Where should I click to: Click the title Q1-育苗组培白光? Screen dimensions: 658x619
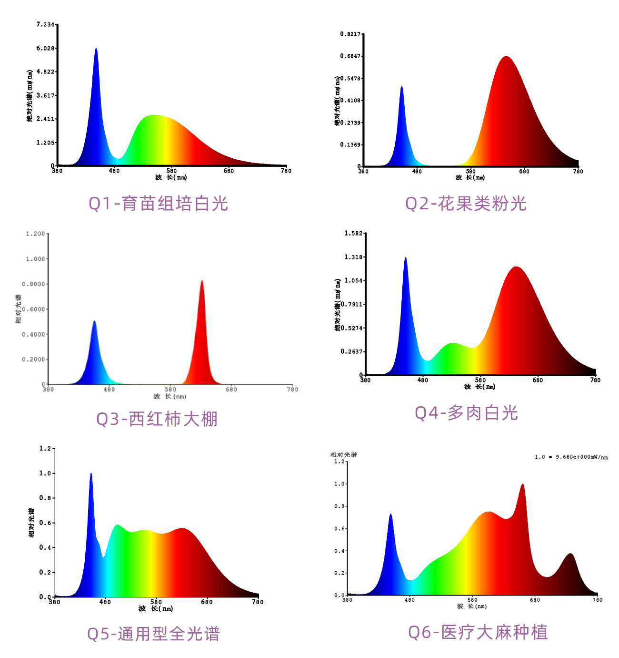[x=158, y=204]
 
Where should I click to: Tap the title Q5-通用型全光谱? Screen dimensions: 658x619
[x=153, y=634]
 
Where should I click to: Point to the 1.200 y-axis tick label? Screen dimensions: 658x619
[x=35, y=234]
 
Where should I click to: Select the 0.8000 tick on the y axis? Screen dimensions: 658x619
[x=33, y=284]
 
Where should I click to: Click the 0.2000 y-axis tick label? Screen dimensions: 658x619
[x=33, y=360]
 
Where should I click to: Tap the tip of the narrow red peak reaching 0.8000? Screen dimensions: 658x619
[x=202, y=282]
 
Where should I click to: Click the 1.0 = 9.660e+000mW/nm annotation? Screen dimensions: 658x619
[x=571, y=457]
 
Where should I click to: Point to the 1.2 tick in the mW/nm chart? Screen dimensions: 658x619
[x=339, y=462]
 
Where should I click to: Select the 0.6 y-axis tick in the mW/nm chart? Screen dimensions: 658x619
[x=339, y=529]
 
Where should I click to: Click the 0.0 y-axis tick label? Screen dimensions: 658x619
[x=339, y=596]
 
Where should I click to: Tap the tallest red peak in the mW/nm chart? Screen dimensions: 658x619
[x=522, y=486]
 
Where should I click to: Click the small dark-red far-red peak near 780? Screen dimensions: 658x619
[x=570, y=555]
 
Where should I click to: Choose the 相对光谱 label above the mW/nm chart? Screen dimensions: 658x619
[x=343, y=455]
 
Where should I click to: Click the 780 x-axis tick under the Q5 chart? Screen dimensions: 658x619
[x=258, y=602]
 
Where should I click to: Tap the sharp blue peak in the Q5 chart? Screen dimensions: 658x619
[x=91, y=475]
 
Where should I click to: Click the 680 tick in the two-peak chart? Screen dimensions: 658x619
[x=231, y=390]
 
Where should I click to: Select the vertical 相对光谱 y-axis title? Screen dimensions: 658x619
[x=19, y=309]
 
